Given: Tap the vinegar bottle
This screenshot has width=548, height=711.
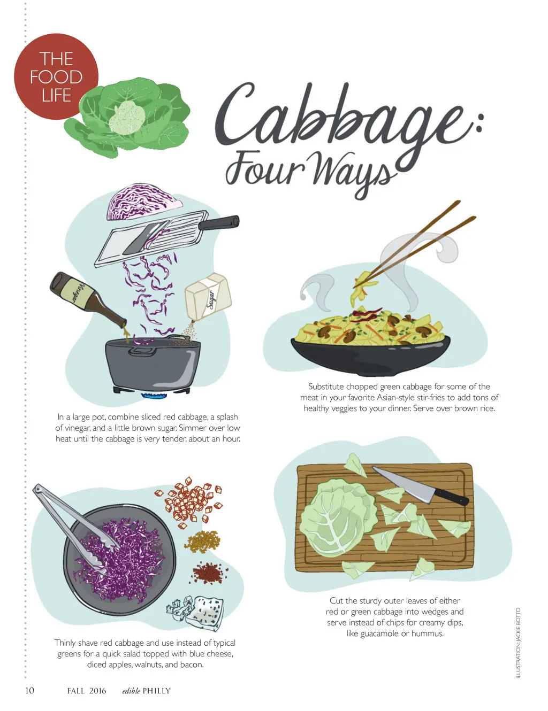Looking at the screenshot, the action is click(88, 301).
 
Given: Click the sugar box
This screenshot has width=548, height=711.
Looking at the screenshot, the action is click(208, 297).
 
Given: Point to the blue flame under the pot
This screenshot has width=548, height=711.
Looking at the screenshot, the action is click(154, 396).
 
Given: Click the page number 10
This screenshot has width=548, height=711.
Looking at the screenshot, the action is click(29, 690).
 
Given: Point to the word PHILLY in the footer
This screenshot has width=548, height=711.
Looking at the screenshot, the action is click(157, 691).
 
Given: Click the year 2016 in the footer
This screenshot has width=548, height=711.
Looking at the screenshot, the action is click(97, 691).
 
